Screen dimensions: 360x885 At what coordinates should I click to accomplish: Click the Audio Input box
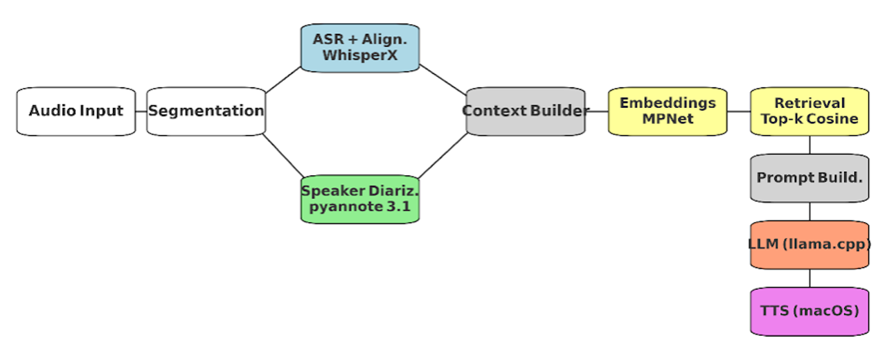[76, 111]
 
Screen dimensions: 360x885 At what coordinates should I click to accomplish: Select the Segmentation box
[206, 111]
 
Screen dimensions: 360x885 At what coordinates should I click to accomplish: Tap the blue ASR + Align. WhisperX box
[360, 47]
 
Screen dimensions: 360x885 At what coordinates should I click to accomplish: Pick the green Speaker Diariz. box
[360, 199]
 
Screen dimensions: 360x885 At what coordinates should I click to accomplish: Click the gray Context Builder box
[526, 111]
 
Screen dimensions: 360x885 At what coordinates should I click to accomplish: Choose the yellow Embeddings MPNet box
[668, 111]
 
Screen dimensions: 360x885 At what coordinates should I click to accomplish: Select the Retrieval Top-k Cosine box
[810, 111]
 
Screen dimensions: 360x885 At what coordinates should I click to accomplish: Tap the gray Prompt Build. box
[810, 178]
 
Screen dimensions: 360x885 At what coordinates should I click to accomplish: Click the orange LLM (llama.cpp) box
[810, 244]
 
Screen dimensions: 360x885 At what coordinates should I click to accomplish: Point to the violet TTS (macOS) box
[810, 311]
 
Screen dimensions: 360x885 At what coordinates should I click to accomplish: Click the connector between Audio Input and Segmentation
[141, 111]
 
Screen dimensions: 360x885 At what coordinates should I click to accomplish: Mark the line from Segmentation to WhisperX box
[284, 80]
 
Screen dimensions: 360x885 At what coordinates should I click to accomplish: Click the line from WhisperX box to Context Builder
[443, 80]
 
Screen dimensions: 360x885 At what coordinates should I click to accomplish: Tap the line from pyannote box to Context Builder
[443, 156]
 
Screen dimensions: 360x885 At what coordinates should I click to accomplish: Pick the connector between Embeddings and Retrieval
[739, 111]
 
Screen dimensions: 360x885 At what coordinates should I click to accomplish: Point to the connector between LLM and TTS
[810, 278]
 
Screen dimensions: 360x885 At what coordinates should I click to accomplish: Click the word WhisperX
[360, 55]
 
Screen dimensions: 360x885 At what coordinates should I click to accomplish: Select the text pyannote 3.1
[360, 206]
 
